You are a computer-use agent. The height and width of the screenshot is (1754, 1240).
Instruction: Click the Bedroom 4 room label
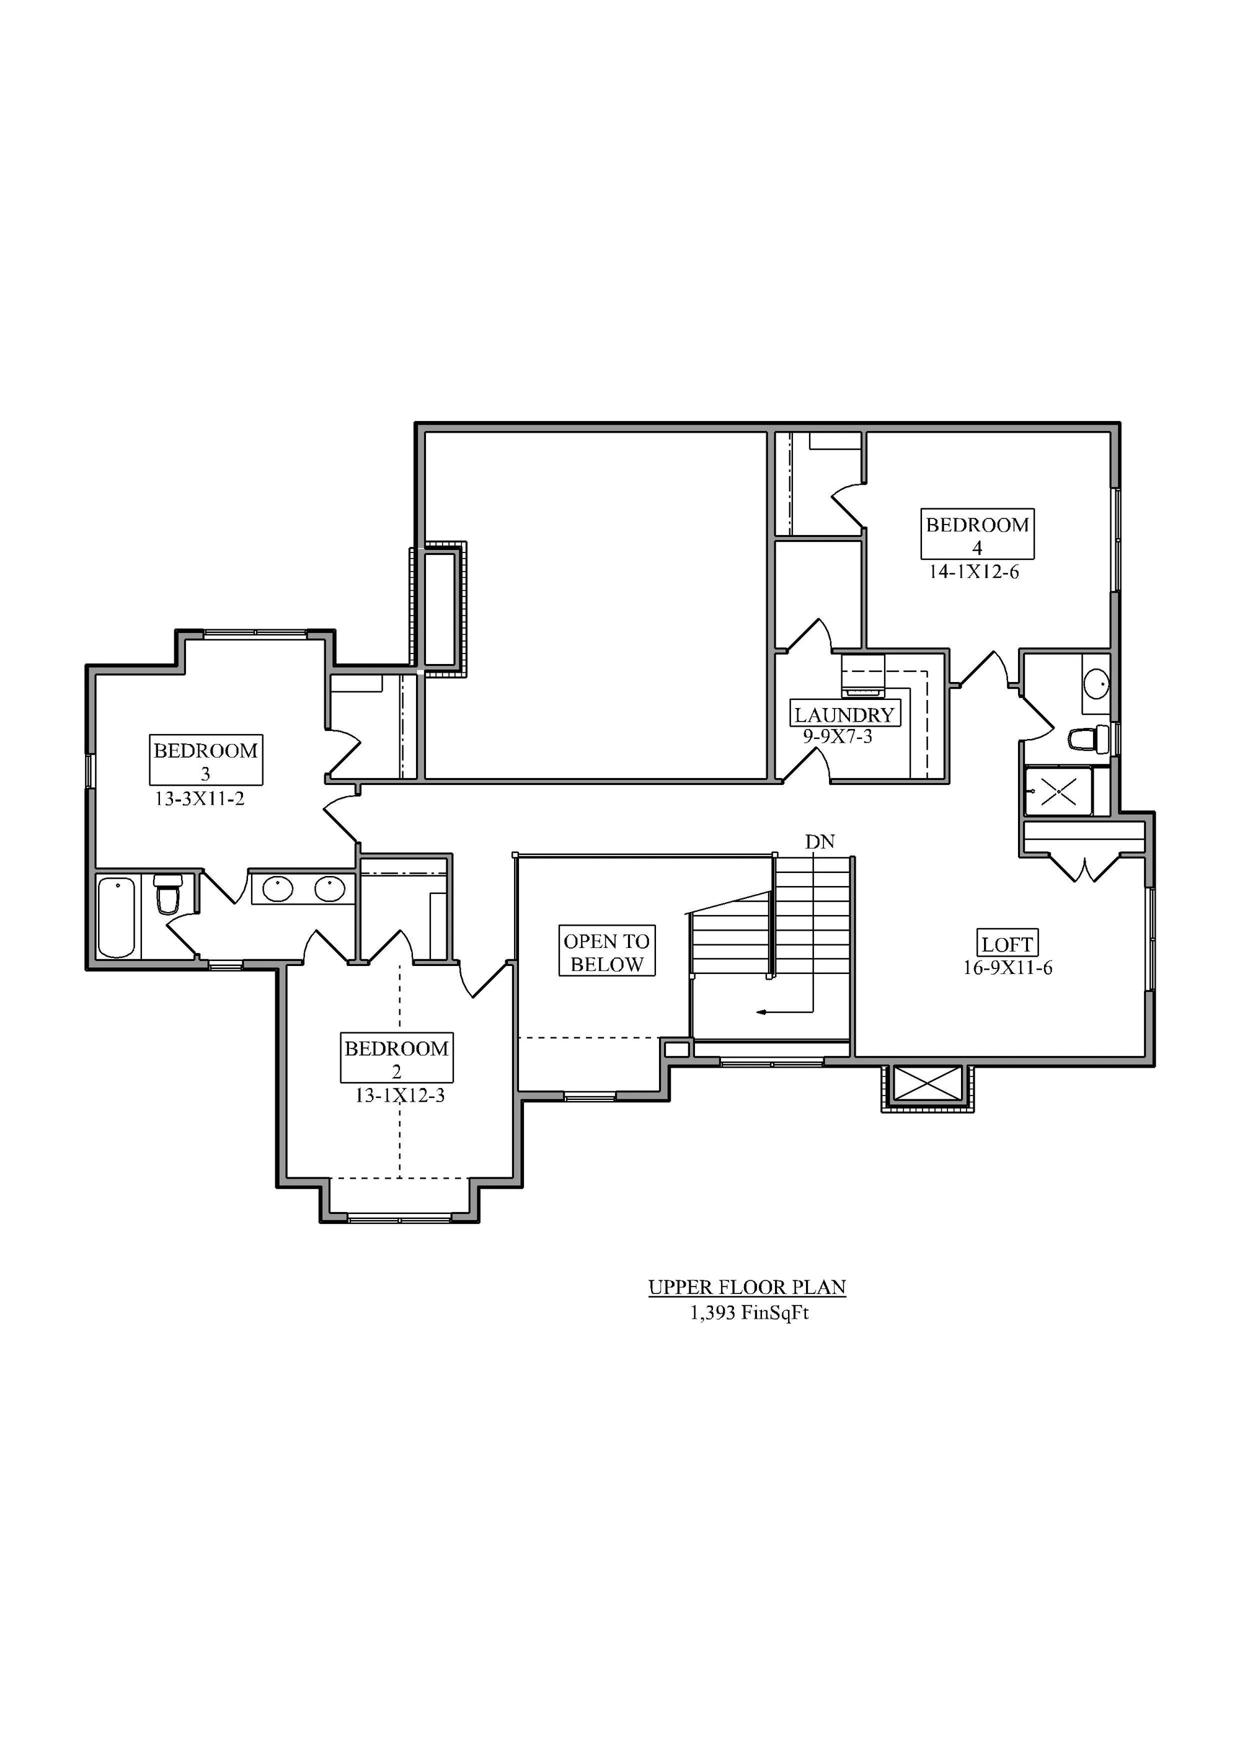click(x=977, y=534)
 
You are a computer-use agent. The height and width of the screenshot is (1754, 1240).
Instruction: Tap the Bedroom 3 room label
click(x=205, y=760)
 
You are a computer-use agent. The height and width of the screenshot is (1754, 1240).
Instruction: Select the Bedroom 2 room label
click(x=397, y=1058)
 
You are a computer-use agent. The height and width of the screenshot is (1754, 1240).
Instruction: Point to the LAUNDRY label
click(x=844, y=714)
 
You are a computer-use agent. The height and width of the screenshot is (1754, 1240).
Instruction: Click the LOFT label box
click(x=1007, y=944)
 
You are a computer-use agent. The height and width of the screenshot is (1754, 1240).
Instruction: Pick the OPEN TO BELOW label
click(x=608, y=952)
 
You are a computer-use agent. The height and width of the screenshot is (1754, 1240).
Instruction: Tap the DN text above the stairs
click(x=820, y=842)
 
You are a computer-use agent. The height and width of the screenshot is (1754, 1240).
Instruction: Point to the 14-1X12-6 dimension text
click(x=974, y=572)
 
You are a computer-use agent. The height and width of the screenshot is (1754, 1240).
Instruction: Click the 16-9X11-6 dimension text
click(x=1007, y=967)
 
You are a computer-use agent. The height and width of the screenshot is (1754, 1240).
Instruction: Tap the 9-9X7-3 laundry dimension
click(x=838, y=737)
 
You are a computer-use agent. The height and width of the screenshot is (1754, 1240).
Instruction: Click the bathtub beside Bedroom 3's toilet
click(x=117, y=917)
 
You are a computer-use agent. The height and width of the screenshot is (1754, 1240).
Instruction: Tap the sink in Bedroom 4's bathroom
click(x=1096, y=683)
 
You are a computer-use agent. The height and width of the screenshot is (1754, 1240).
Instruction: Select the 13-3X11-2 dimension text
click(x=200, y=799)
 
